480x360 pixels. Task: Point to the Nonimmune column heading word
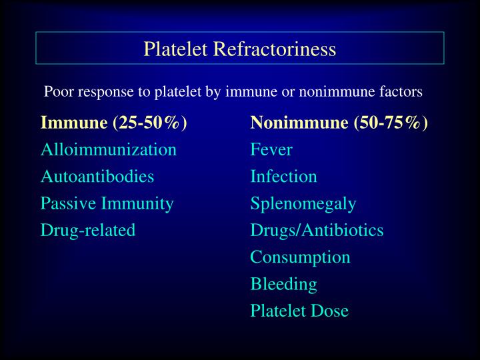coord(299,123)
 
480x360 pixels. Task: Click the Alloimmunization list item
coord(109,149)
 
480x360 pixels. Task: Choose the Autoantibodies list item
coord(97,177)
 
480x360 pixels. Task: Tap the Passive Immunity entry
coord(107,203)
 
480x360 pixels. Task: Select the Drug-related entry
coord(88,230)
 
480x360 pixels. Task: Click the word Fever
coord(271,149)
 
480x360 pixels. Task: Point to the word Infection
coord(284,177)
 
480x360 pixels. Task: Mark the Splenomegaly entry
coord(303,203)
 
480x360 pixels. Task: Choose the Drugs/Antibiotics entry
coord(317,230)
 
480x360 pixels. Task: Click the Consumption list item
coord(301,257)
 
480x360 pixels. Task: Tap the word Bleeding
coord(284,284)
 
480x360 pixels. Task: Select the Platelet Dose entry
coord(300,311)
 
